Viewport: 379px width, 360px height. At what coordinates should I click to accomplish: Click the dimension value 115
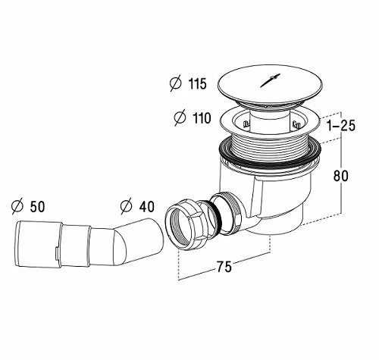coord(198,83)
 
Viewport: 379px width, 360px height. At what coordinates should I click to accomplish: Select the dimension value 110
coord(202,118)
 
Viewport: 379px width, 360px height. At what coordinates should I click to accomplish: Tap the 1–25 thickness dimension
coord(341,126)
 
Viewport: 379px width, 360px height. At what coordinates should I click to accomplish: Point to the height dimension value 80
coord(340,176)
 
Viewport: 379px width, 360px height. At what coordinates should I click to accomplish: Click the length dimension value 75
coord(224,267)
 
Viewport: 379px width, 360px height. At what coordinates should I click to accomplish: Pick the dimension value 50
coord(37,207)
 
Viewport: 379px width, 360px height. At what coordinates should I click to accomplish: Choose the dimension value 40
coord(146,206)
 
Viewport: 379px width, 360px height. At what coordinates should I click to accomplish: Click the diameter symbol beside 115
coord(176,83)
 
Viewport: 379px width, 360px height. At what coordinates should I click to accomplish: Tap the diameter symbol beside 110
coord(180,117)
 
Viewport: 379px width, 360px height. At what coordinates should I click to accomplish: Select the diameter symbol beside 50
coord(17,206)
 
